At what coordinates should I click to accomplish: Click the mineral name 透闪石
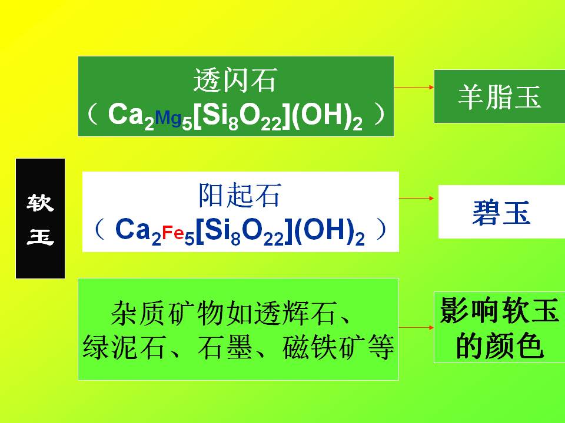(x=235, y=80)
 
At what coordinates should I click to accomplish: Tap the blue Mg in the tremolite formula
(x=168, y=117)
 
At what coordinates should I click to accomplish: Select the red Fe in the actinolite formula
(x=173, y=233)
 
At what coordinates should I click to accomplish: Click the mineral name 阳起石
(x=240, y=195)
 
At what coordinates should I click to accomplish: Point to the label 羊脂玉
(x=500, y=97)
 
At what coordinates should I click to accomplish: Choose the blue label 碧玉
(x=501, y=212)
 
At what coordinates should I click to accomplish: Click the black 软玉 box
(x=41, y=219)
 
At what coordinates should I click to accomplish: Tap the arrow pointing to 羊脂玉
(x=414, y=87)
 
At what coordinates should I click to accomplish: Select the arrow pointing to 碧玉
(x=416, y=198)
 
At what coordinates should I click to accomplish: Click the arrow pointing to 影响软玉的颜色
(x=416, y=327)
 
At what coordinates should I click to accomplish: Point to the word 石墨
(x=225, y=347)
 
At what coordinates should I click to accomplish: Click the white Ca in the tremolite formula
(x=125, y=114)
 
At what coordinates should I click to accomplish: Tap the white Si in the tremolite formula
(x=211, y=115)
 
